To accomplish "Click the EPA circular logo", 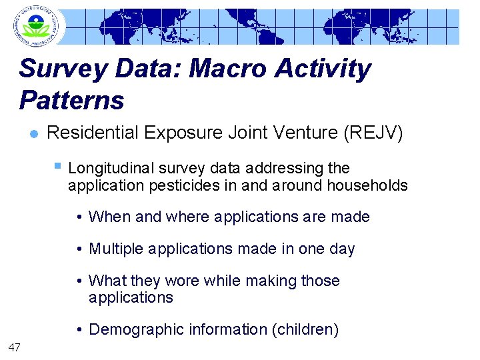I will (35, 27).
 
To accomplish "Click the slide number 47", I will (15, 346).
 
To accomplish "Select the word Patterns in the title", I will (71, 101).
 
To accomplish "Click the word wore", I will (182, 281).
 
